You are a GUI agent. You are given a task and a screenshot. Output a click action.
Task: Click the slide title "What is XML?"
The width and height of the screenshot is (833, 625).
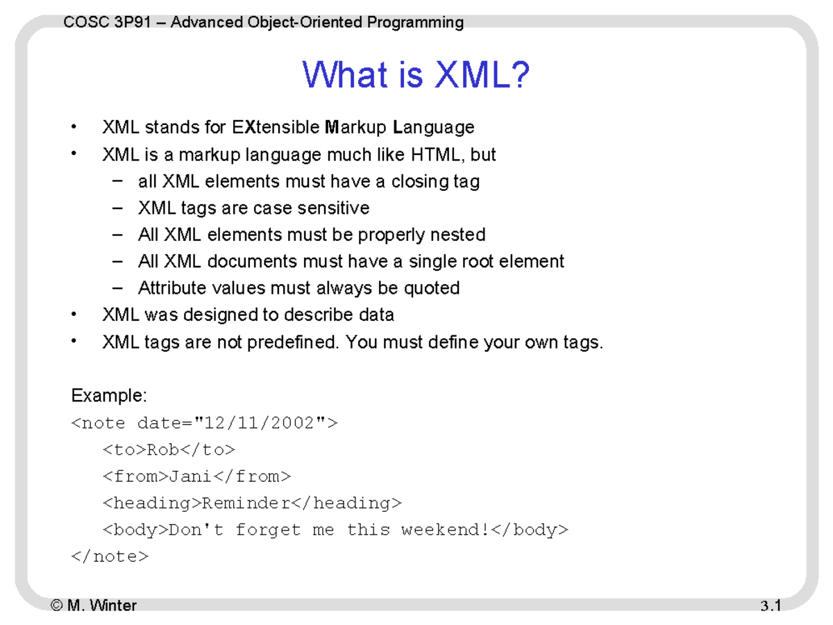click(416, 75)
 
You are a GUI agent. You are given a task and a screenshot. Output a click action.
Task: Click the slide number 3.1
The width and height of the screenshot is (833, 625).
click(771, 606)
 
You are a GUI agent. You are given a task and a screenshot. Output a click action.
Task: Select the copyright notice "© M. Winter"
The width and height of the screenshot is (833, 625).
click(94, 606)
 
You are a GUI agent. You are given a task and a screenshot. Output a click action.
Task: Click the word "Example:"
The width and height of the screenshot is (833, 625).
click(109, 396)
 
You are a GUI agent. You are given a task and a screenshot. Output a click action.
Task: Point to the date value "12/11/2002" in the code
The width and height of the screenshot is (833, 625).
click(260, 423)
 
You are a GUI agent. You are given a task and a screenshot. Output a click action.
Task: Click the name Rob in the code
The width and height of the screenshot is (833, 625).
click(163, 450)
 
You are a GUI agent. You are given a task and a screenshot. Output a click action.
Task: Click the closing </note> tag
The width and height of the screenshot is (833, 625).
click(110, 556)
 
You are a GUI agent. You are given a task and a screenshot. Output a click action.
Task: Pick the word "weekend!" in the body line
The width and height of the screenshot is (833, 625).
click(445, 530)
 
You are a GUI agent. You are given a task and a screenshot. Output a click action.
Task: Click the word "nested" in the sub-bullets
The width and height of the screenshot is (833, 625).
click(457, 235)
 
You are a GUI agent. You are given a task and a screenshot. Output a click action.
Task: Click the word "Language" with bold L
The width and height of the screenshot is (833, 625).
click(433, 128)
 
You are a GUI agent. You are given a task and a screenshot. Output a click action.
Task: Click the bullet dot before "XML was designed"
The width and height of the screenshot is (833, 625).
click(74, 315)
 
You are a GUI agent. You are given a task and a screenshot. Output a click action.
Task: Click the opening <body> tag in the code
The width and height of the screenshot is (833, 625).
click(136, 530)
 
